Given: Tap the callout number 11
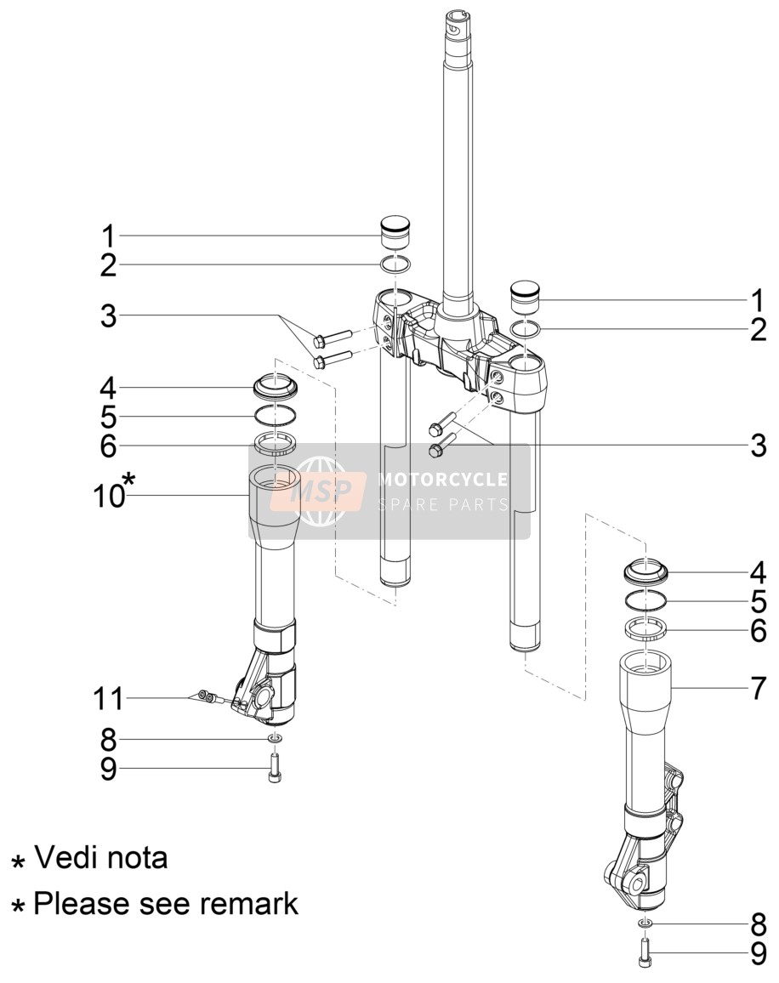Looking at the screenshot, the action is click(109, 698).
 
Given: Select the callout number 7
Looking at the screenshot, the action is click(759, 688).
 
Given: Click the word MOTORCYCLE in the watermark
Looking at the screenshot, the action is click(442, 480).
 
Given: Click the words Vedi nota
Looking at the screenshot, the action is click(100, 857).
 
